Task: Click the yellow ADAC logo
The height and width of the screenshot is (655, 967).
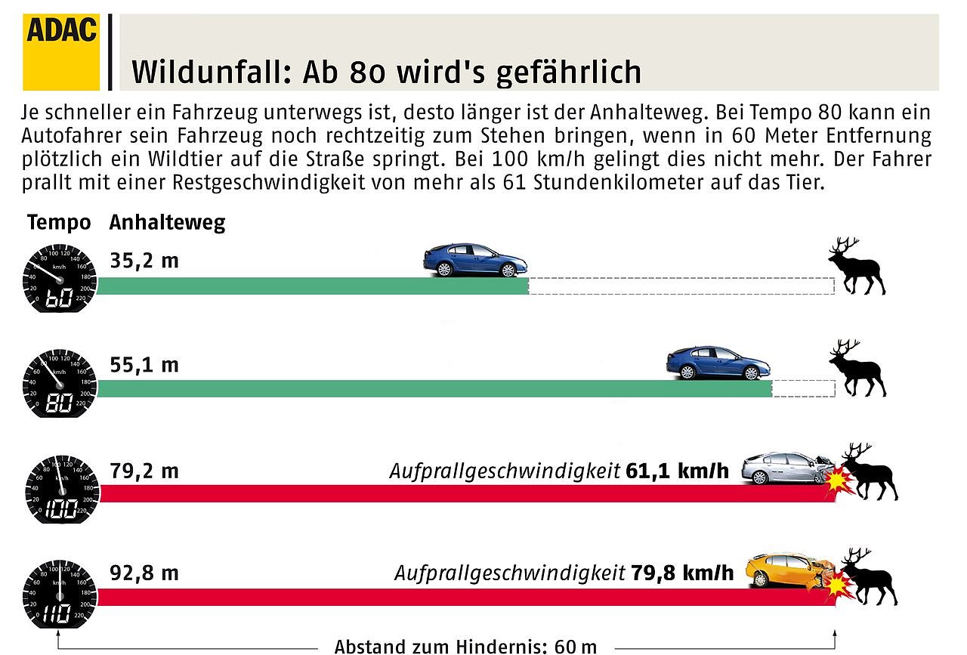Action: pyautogui.click(x=61, y=51)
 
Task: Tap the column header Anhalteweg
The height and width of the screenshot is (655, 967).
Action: pyautogui.click(x=167, y=223)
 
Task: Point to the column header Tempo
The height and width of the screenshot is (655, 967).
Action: pyautogui.click(x=59, y=223)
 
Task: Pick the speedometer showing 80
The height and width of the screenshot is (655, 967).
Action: pyautogui.click(x=60, y=384)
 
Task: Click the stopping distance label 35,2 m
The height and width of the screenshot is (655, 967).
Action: pyautogui.click(x=144, y=261)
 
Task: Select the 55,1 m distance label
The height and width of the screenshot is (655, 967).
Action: pyautogui.click(x=144, y=366)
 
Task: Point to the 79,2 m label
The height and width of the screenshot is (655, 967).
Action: pyautogui.click(x=144, y=471)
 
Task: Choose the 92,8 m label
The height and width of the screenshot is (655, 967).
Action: pyautogui.click(x=144, y=573)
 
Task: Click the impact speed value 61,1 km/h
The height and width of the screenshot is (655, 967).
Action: pyautogui.click(x=678, y=471)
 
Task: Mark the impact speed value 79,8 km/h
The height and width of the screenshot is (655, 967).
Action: pyautogui.click(x=681, y=573)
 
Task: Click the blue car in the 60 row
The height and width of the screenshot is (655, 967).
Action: pyautogui.click(x=474, y=260)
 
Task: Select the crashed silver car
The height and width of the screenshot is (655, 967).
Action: pyautogui.click(x=786, y=468)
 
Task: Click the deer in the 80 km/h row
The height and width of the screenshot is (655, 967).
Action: pyautogui.click(x=858, y=368)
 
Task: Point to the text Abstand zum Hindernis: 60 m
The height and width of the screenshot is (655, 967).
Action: pyautogui.click(x=465, y=646)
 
